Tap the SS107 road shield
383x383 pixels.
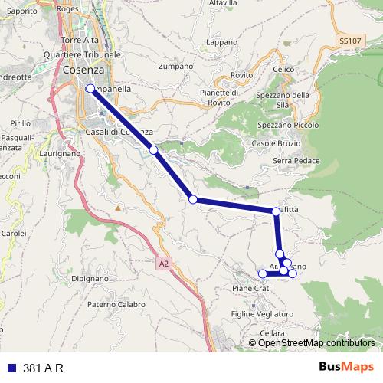pyautogui.click(x=349, y=39)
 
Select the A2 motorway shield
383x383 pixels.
pyautogui.click(x=163, y=263)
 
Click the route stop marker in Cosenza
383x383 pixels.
pyautogui.click(x=90, y=89)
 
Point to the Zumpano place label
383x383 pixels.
pyautogui.click(x=175, y=67)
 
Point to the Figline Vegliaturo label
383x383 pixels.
pyautogui.click(x=263, y=314)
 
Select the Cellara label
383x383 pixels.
pyautogui.click(x=272, y=334)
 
